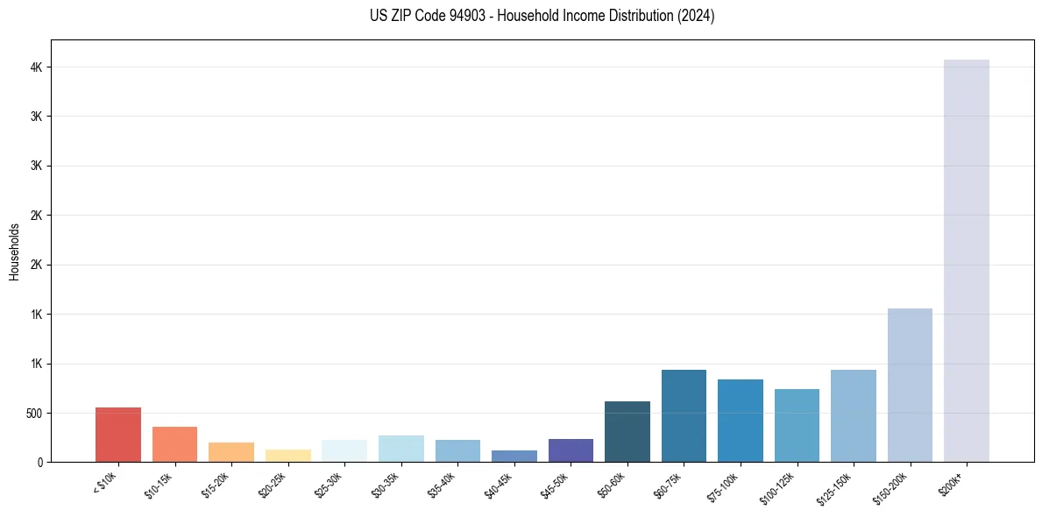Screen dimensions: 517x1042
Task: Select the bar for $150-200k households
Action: pos(910,385)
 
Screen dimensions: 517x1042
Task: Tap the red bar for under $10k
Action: pos(118,435)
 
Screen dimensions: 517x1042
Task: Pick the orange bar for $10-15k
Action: pos(174,444)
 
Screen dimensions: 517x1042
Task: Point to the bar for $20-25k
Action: pos(287,456)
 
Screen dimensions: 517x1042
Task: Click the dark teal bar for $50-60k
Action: pos(627,431)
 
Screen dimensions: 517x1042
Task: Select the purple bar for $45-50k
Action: pos(571,450)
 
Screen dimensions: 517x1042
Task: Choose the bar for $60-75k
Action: pos(684,415)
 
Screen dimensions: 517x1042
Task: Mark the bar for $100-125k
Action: pos(797,425)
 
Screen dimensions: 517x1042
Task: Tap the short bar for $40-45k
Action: pos(514,457)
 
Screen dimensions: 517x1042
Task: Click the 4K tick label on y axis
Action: pos(35,67)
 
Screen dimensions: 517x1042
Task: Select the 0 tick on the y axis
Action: pos(39,462)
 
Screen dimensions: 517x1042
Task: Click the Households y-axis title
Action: pos(14,251)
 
